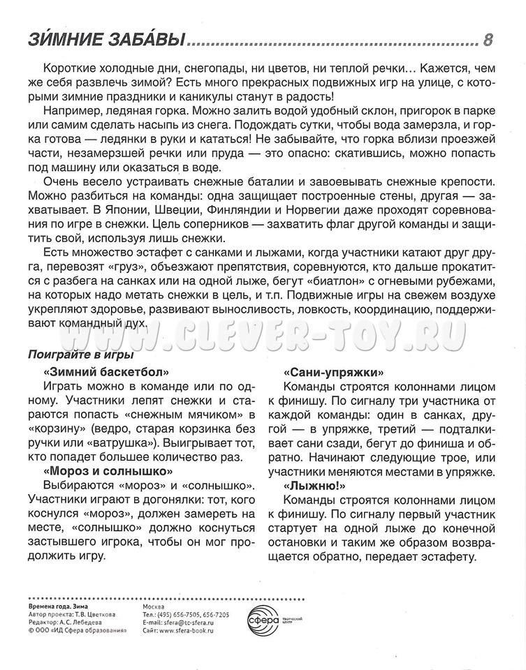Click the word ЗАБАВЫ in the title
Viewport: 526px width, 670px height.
click(145, 40)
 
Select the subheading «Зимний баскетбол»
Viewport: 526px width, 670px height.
click(106, 371)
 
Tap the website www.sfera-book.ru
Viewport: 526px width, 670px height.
click(186, 630)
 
